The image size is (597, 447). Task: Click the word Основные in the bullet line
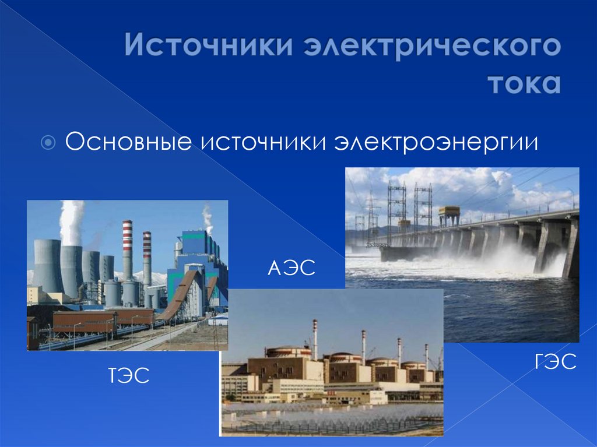click(x=129, y=142)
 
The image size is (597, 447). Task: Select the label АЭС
click(x=291, y=269)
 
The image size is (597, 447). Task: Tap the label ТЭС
click(x=127, y=375)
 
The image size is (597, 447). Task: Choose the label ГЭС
click(x=554, y=363)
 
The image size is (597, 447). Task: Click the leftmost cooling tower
click(x=48, y=265)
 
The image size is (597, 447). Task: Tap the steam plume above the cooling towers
click(x=71, y=221)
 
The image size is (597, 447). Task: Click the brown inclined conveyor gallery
click(x=181, y=297)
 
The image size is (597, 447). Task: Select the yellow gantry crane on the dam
click(x=449, y=214)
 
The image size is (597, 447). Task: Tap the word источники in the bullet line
click(x=262, y=142)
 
